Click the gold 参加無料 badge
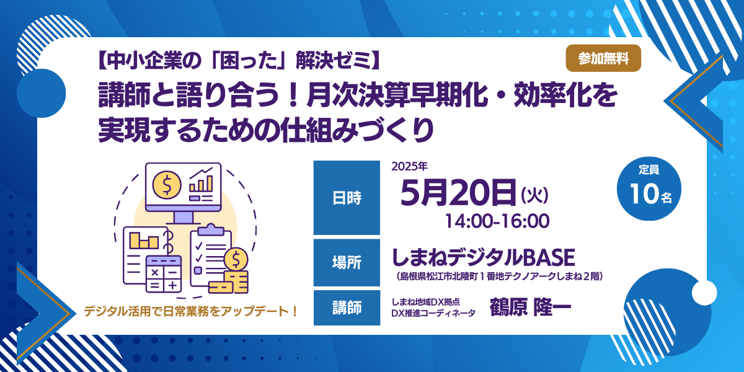pyautogui.click(x=603, y=58)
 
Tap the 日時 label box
pyautogui.click(x=347, y=198)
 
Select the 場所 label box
pyautogui.click(x=347, y=262)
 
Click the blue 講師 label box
pyautogui.click(x=347, y=308)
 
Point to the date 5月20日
pyautogui.click(x=458, y=193)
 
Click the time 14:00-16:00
pyautogui.click(x=497, y=221)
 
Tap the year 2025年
pyautogui.click(x=409, y=166)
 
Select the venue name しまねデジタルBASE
pyautogui.click(x=484, y=258)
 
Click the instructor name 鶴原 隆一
pyautogui.click(x=531, y=308)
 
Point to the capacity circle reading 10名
pyautogui.click(x=649, y=188)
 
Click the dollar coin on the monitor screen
pyautogui.click(x=167, y=185)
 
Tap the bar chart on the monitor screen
pyautogui.click(x=201, y=181)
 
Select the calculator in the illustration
pyautogui.click(x=164, y=274)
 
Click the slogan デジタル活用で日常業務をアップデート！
pyautogui.click(x=191, y=311)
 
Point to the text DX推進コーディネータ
pyautogui.click(x=433, y=313)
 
